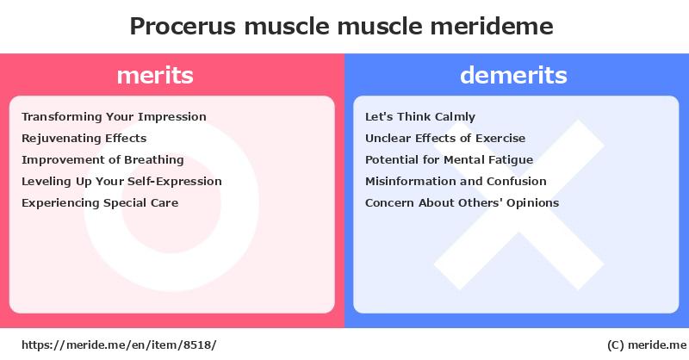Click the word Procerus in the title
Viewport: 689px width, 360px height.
coord(183,27)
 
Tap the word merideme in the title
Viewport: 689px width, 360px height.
coord(491,27)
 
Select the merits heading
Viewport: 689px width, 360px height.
coord(155,75)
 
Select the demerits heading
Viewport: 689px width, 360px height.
coord(513,75)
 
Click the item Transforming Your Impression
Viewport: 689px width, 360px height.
coord(114,117)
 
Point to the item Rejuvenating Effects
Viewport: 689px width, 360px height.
coord(84,139)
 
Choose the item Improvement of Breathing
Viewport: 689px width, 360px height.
coord(102,160)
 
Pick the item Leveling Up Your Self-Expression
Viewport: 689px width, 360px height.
coord(121,182)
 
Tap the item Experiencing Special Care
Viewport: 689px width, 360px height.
coord(100,203)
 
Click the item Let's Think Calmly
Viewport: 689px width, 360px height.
coord(420,117)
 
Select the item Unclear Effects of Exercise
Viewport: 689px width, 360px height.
coord(445,139)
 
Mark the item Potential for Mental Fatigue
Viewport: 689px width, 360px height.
coord(449,160)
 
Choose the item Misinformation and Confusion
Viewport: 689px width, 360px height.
coord(456,182)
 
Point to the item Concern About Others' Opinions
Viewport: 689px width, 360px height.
coord(462,203)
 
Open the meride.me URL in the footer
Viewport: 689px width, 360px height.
coord(119,345)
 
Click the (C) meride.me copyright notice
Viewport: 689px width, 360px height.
coord(647,345)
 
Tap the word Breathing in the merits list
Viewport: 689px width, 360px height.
coord(154,160)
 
